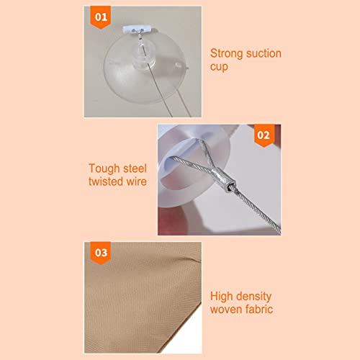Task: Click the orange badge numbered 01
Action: click(x=101, y=17)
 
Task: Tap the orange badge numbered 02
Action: click(x=264, y=135)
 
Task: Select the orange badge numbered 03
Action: click(x=101, y=253)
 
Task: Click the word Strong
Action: click(x=226, y=54)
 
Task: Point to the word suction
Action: click(x=264, y=53)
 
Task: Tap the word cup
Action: click(x=219, y=67)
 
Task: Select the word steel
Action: click(x=135, y=168)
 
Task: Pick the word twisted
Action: click(x=106, y=181)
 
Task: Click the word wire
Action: click(x=137, y=181)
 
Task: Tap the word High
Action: click(x=221, y=297)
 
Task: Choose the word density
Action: click(x=253, y=297)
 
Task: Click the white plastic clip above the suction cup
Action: click(x=137, y=30)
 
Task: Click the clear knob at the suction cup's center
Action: click(x=143, y=55)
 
